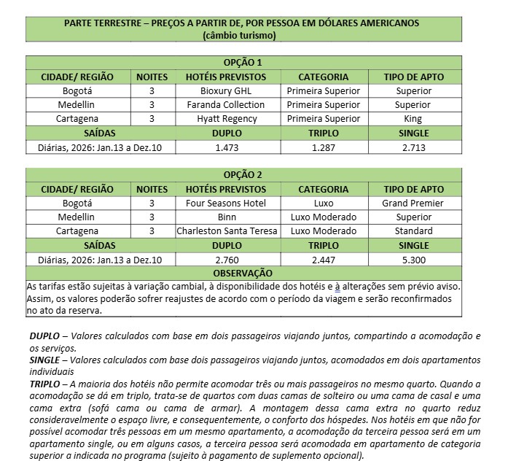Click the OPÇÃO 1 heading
pyautogui.click(x=243, y=63)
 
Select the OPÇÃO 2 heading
pyautogui.click(x=243, y=175)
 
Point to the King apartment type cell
pyautogui.click(x=413, y=119)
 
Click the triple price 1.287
pyautogui.click(x=323, y=147)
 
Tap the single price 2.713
pyautogui.click(x=413, y=147)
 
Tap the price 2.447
pyautogui.click(x=323, y=260)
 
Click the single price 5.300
pyautogui.click(x=413, y=260)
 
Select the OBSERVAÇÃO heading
pyautogui.click(x=243, y=274)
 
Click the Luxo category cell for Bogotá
pyautogui.click(x=323, y=204)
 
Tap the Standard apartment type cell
pyautogui.click(x=413, y=231)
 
